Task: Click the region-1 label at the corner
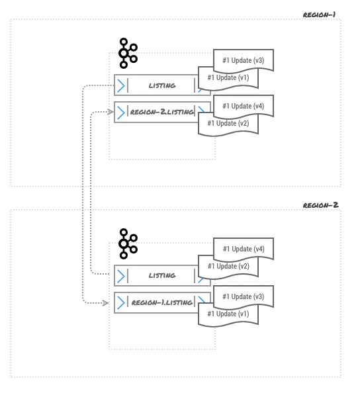point(320,14)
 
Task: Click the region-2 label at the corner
point(320,204)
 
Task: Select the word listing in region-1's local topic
point(161,85)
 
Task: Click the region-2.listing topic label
point(161,112)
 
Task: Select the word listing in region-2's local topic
point(161,275)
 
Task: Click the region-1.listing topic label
point(161,302)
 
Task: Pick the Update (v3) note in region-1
point(243,60)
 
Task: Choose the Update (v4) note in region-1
point(243,106)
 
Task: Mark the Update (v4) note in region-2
point(243,249)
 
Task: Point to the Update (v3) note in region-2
point(243,296)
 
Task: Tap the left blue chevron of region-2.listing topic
point(121,112)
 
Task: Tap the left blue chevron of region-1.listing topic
point(121,302)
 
